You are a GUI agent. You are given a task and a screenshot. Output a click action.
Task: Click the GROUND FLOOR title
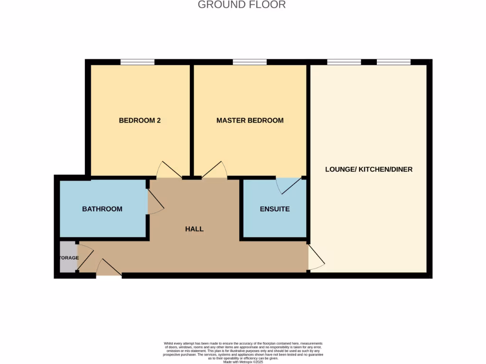pos(242,5)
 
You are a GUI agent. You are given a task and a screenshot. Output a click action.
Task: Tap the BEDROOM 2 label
pos(140,120)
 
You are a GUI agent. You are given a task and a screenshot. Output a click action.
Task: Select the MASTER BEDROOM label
pos(250,120)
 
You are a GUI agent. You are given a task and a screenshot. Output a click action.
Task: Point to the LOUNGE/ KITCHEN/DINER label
pos(368,169)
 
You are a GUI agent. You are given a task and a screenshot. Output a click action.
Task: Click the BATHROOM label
pos(102,209)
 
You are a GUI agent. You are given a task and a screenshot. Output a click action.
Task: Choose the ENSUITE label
pos(274,209)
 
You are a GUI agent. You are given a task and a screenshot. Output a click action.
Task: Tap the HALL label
pos(194,229)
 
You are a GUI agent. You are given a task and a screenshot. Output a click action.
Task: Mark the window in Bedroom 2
pos(137,62)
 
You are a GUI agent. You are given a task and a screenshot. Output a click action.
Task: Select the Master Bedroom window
pos(250,62)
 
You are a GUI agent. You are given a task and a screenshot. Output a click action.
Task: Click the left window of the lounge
pos(344,62)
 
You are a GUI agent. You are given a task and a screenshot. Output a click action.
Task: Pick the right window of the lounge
pos(393,62)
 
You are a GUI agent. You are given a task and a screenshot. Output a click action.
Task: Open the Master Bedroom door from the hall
pos(215,170)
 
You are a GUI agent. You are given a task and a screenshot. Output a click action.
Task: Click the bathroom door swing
pos(156,202)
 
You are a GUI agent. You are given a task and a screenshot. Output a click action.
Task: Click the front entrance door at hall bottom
pos(109,269)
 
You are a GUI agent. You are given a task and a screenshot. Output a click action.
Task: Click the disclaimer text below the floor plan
pos(243,351)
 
